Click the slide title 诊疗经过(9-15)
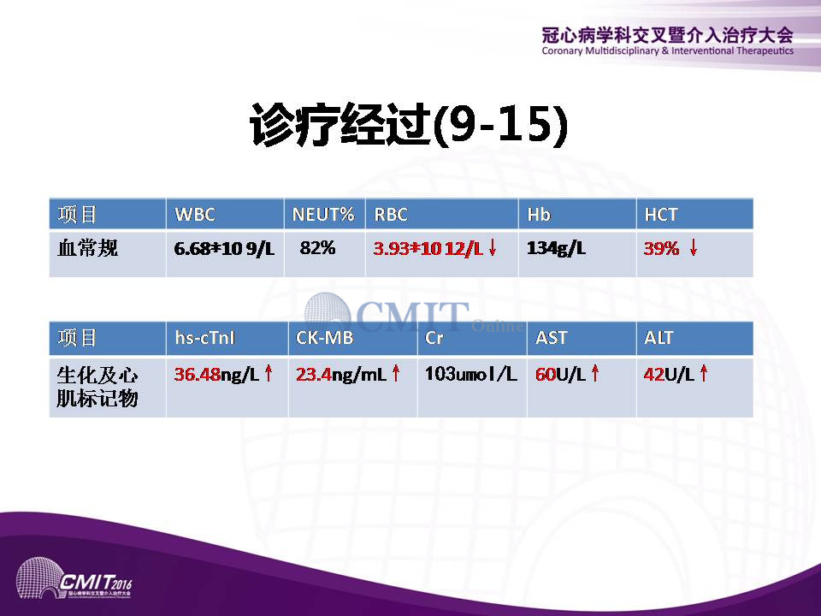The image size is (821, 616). (x=409, y=125)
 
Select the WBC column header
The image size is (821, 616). (x=195, y=215)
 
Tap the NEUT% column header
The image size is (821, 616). (x=323, y=215)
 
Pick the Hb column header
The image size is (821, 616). (x=538, y=215)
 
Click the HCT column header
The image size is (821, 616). (x=661, y=215)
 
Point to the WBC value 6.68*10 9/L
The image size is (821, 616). (x=224, y=248)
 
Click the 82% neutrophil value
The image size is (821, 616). (x=317, y=247)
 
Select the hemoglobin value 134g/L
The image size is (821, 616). (x=556, y=248)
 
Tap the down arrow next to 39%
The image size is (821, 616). (x=694, y=247)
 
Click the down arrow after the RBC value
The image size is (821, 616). (x=493, y=247)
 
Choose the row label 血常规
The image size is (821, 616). (x=87, y=248)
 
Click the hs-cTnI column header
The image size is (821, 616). (x=204, y=338)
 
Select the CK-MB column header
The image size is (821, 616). (x=325, y=338)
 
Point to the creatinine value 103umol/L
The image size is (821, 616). (x=470, y=374)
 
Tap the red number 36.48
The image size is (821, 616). (x=198, y=374)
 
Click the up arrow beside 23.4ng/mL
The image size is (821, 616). (x=396, y=373)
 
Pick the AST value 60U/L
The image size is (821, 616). (x=560, y=374)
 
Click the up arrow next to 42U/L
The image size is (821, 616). (x=704, y=373)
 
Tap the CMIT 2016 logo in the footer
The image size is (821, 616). (x=74, y=579)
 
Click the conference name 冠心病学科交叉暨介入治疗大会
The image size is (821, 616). (x=668, y=35)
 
